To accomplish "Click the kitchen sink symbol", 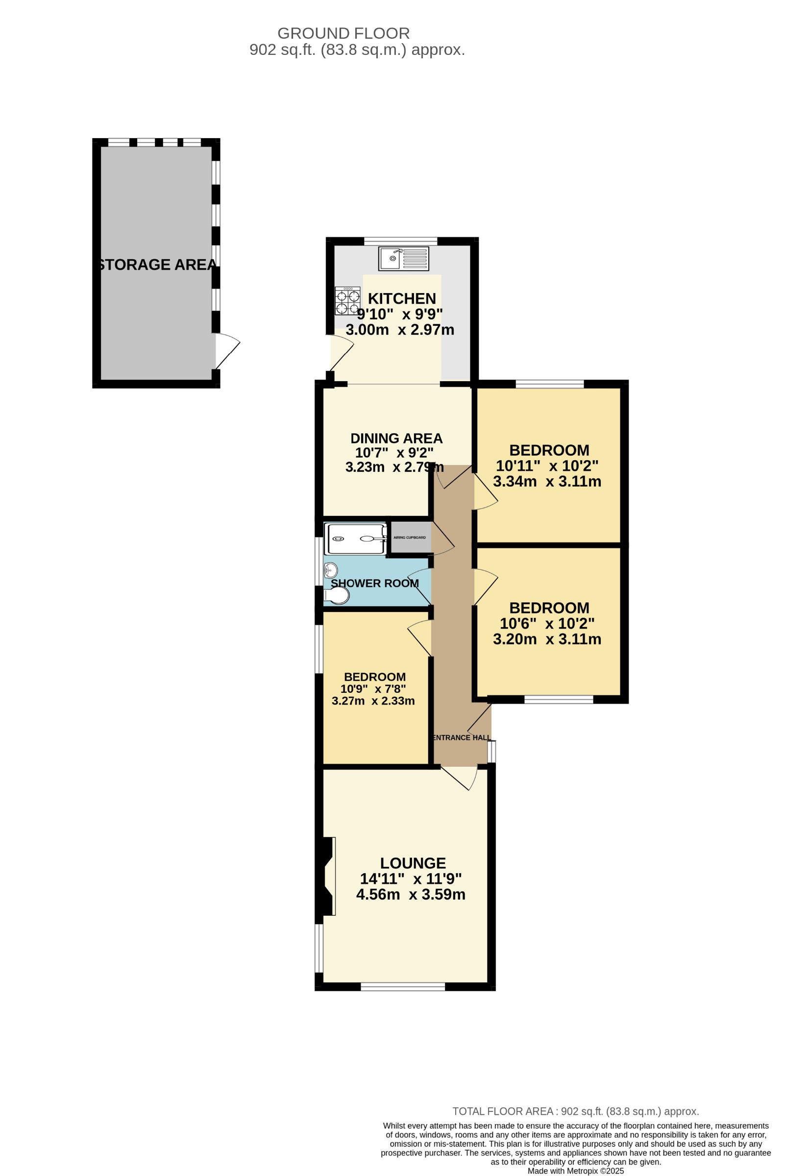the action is click(403, 259).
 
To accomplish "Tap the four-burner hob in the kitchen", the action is click(347, 301).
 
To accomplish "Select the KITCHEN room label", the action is click(402, 298).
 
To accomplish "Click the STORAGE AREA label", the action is click(156, 265).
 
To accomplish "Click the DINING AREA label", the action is click(396, 438).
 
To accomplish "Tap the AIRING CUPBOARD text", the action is click(410, 538).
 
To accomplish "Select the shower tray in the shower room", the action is click(355, 539).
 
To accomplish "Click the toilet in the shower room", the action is click(337, 596).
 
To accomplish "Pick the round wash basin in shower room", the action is click(331, 570).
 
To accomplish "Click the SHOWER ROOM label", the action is click(374, 584).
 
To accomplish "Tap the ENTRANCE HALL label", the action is click(462, 738).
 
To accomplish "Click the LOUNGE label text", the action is click(413, 863).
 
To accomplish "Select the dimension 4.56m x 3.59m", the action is click(411, 895).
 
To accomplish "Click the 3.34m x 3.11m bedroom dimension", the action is click(547, 481).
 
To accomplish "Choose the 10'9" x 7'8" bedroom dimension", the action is click(373, 689).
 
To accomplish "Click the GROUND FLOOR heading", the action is click(343, 33).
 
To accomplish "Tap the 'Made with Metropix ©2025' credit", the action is click(576, 1171).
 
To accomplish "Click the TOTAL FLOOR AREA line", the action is click(576, 1112).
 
